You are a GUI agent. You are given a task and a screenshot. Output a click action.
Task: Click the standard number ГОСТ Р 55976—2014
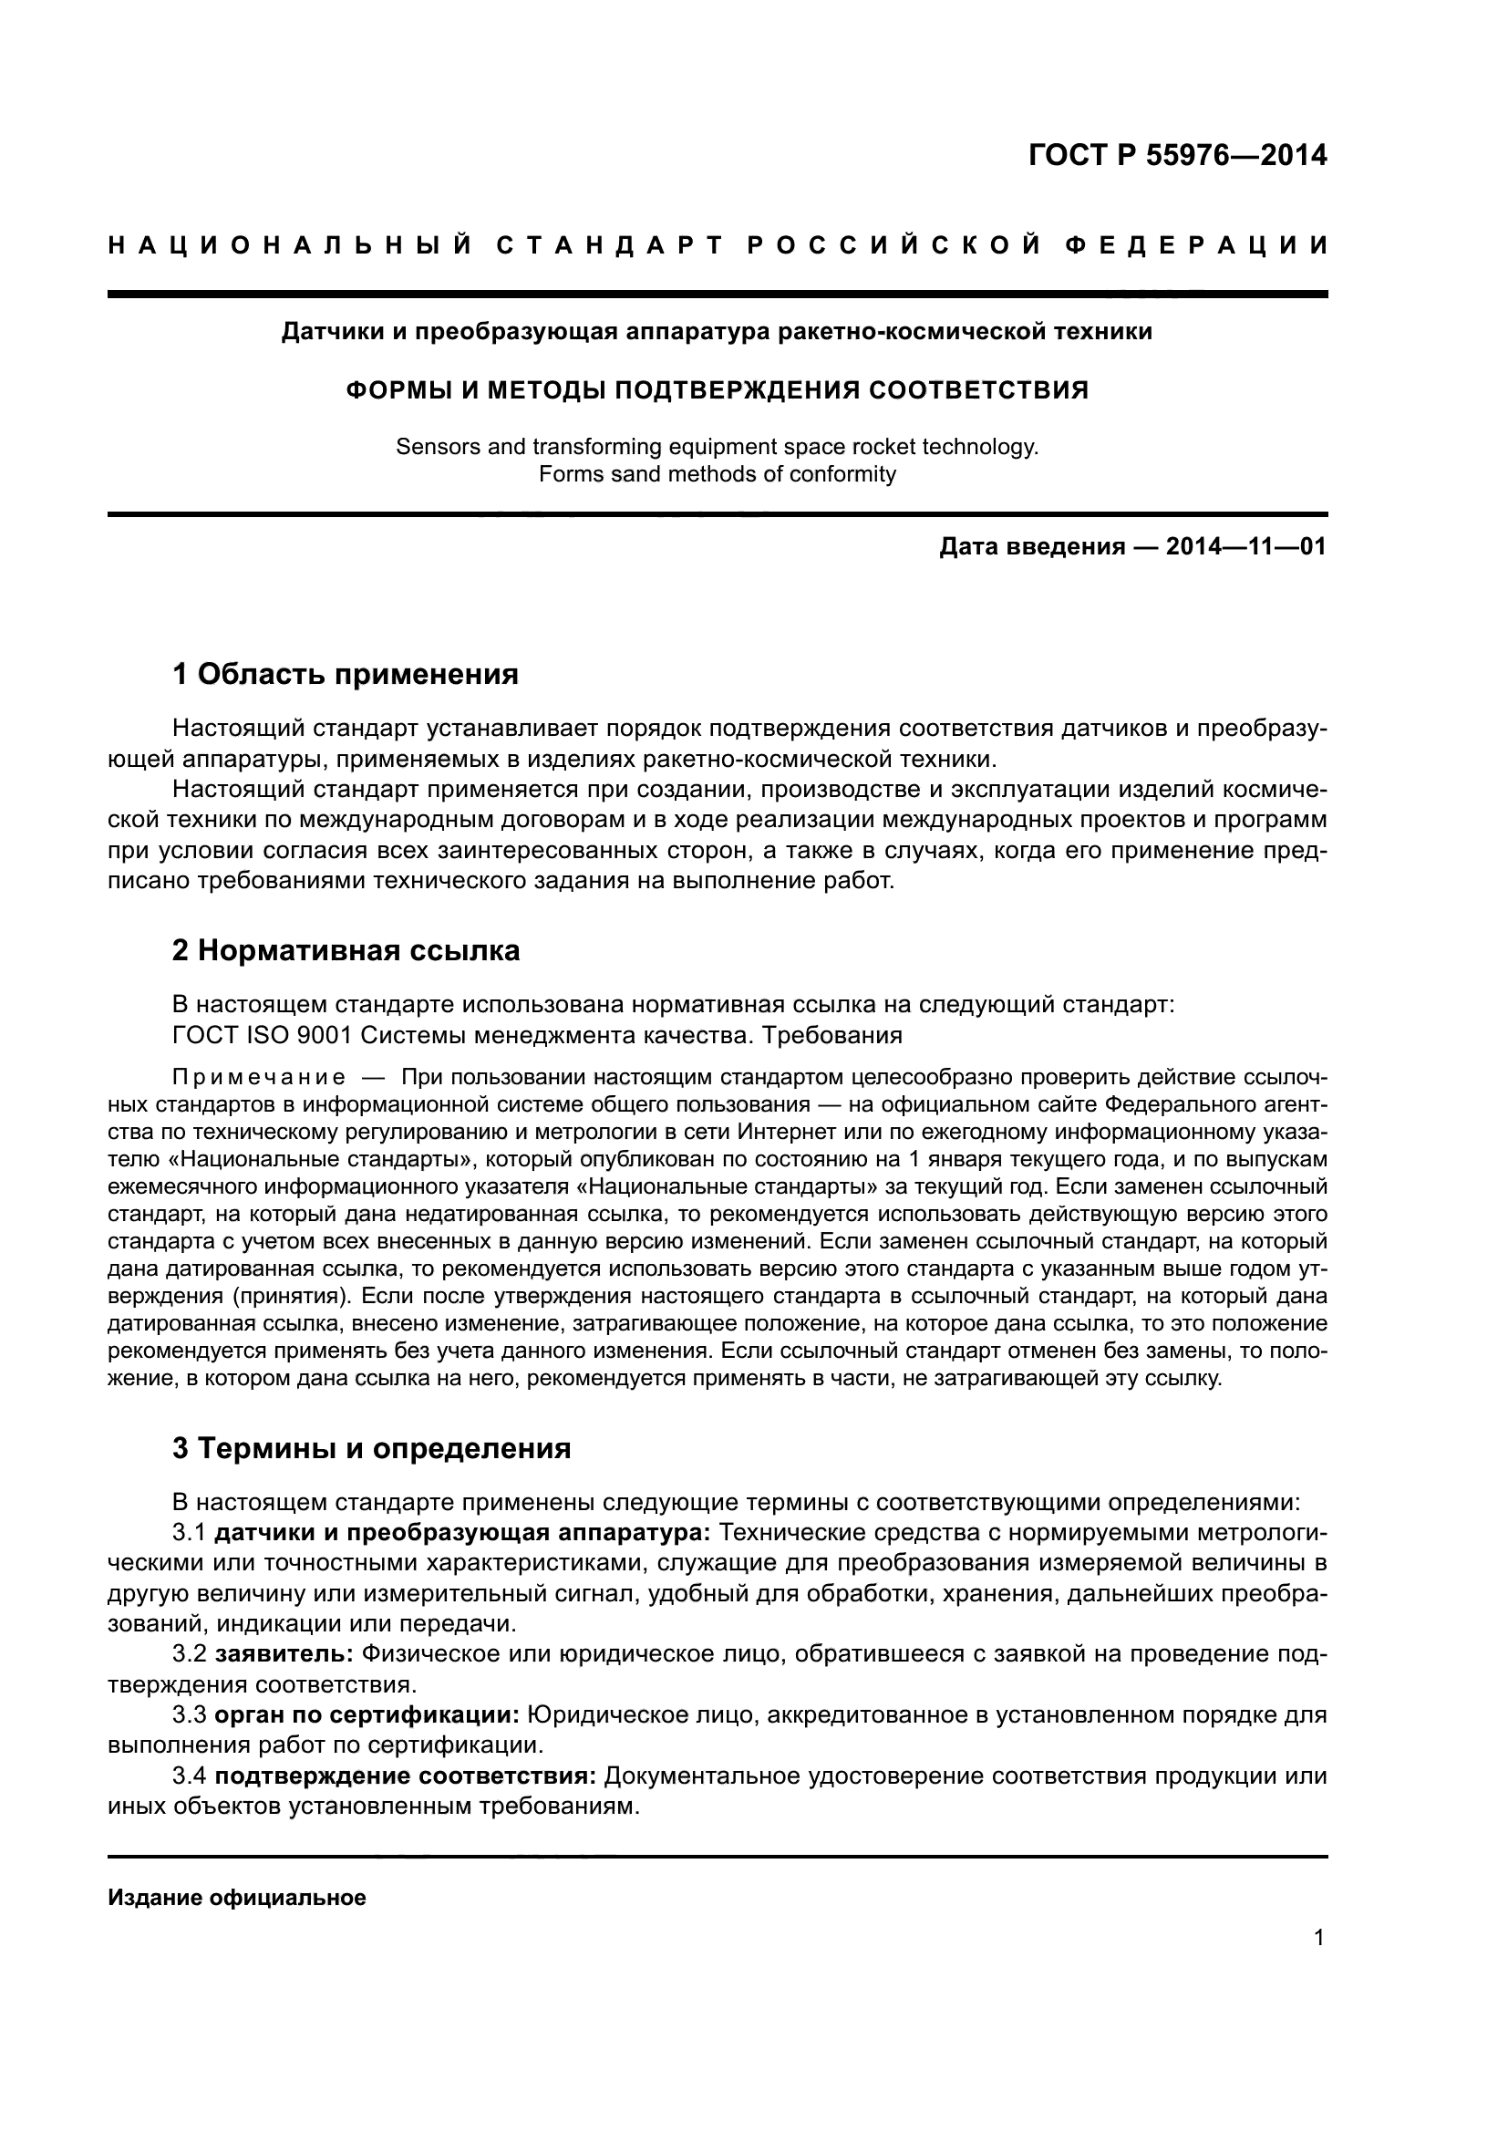pyautogui.click(x=1177, y=155)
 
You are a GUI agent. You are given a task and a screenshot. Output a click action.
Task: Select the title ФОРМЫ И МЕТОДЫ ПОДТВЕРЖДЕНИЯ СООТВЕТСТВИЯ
pyautogui.click(x=717, y=389)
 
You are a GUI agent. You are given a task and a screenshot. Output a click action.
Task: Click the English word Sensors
pyautogui.click(x=434, y=447)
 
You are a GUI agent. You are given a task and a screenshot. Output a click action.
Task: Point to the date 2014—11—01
pyautogui.click(x=1246, y=546)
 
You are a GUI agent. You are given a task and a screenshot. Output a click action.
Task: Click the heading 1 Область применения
pyautogui.click(x=346, y=674)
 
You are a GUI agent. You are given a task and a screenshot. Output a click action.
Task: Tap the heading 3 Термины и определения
pyautogui.click(x=371, y=1448)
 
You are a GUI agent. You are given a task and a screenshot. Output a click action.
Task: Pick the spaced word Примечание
pyautogui.click(x=259, y=1078)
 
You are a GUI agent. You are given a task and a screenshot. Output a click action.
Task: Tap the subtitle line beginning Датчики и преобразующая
pyautogui.click(x=717, y=332)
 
